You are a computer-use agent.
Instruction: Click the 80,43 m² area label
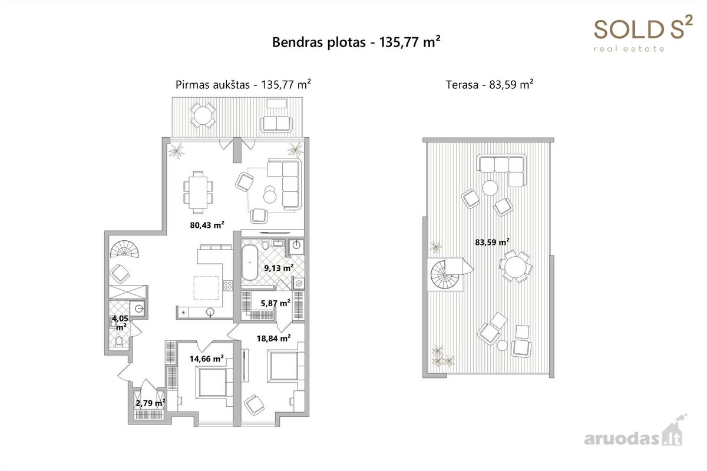click(x=207, y=225)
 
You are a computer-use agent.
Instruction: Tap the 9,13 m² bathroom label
click(x=279, y=268)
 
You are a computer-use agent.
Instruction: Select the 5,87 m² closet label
click(x=276, y=303)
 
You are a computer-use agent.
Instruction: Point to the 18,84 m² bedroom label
click(x=273, y=338)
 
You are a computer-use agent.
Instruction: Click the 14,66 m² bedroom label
click(x=207, y=359)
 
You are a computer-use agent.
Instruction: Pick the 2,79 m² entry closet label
click(x=151, y=403)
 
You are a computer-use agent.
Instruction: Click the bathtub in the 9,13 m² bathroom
click(x=250, y=263)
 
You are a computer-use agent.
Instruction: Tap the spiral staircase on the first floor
click(x=124, y=249)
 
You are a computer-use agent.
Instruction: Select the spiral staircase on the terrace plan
click(x=445, y=274)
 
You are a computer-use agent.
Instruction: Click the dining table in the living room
click(x=198, y=193)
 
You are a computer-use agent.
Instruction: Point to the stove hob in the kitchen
click(x=228, y=286)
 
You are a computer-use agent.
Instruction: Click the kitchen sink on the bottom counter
click(x=210, y=312)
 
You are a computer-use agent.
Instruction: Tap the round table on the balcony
click(x=203, y=115)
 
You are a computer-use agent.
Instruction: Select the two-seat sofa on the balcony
click(x=276, y=124)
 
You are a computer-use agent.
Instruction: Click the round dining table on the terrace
click(x=516, y=267)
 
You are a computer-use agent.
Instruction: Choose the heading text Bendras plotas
click(x=319, y=42)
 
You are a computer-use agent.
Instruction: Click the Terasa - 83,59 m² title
click(x=490, y=85)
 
